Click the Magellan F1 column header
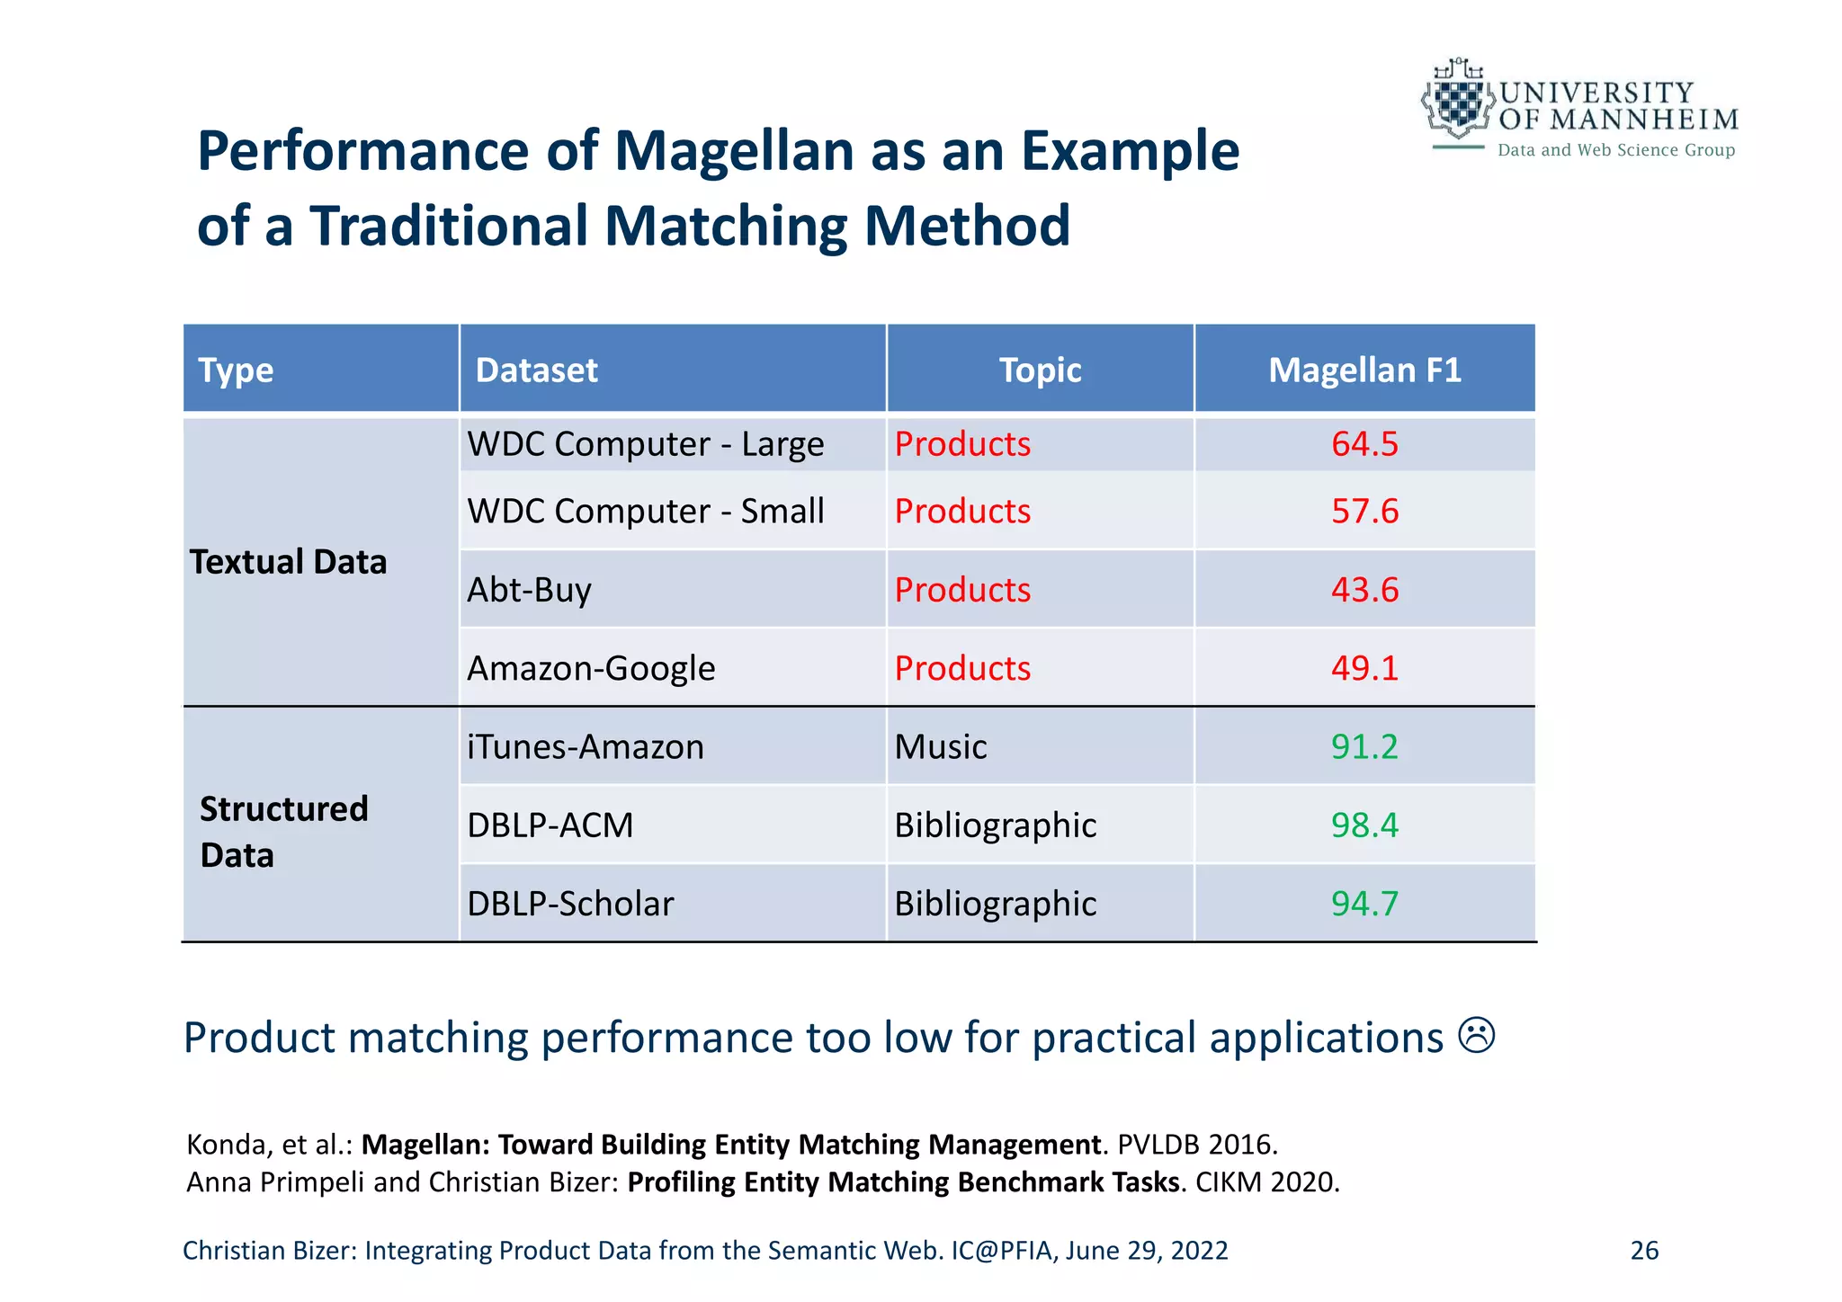coord(1364,370)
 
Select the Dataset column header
coord(536,370)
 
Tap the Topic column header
coord(1040,370)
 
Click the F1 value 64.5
coord(1364,444)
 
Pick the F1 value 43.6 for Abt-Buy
coord(1364,590)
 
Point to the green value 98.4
coord(1364,825)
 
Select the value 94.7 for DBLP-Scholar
coord(1364,904)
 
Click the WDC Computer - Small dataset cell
coord(645,512)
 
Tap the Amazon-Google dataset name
coord(591,669)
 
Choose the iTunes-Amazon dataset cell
coord(586,747)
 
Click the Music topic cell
coord(941,747)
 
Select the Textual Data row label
coord(288,562)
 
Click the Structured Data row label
coord(283,832)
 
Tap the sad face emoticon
coord(1476,1036)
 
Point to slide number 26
coord(1644,1251)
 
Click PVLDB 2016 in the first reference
coord(1196,1145)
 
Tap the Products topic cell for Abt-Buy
coord(962,590)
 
